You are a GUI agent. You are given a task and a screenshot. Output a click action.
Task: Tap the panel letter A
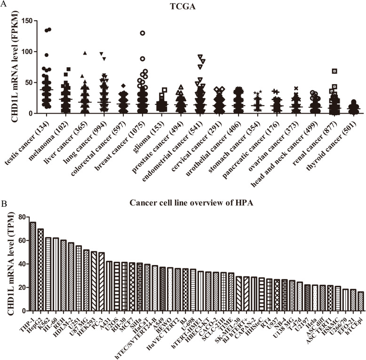click(x=4, y=4)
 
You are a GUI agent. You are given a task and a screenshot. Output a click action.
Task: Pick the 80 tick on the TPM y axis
click(x=20, y=217)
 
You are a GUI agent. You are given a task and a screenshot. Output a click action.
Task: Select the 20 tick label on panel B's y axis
click(x=20, y=287)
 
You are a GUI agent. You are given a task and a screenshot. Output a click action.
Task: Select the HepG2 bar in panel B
click(x=40, y=270)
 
